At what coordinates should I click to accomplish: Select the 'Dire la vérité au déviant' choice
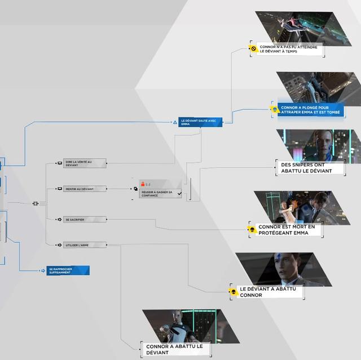click(84, 163)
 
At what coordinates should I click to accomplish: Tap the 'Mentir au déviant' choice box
click(84, 189)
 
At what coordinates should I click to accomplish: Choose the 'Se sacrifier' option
click(84, 219)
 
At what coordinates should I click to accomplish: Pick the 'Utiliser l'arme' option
click(84, 245)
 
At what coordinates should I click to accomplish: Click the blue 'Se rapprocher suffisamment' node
click(68, 270)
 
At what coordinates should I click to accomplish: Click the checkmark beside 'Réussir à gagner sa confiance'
click(179, 193)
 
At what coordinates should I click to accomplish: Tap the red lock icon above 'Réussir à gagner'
click(143, 184)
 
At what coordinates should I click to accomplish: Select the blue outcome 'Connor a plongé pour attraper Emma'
click(303, 109)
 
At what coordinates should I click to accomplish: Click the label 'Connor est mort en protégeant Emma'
click(289, 229)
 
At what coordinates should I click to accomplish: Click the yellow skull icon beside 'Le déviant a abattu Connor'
click(233, 291)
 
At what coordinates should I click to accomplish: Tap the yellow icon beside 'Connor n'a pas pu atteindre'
click(254, 49)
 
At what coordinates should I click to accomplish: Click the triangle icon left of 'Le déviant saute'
click(176, 122)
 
